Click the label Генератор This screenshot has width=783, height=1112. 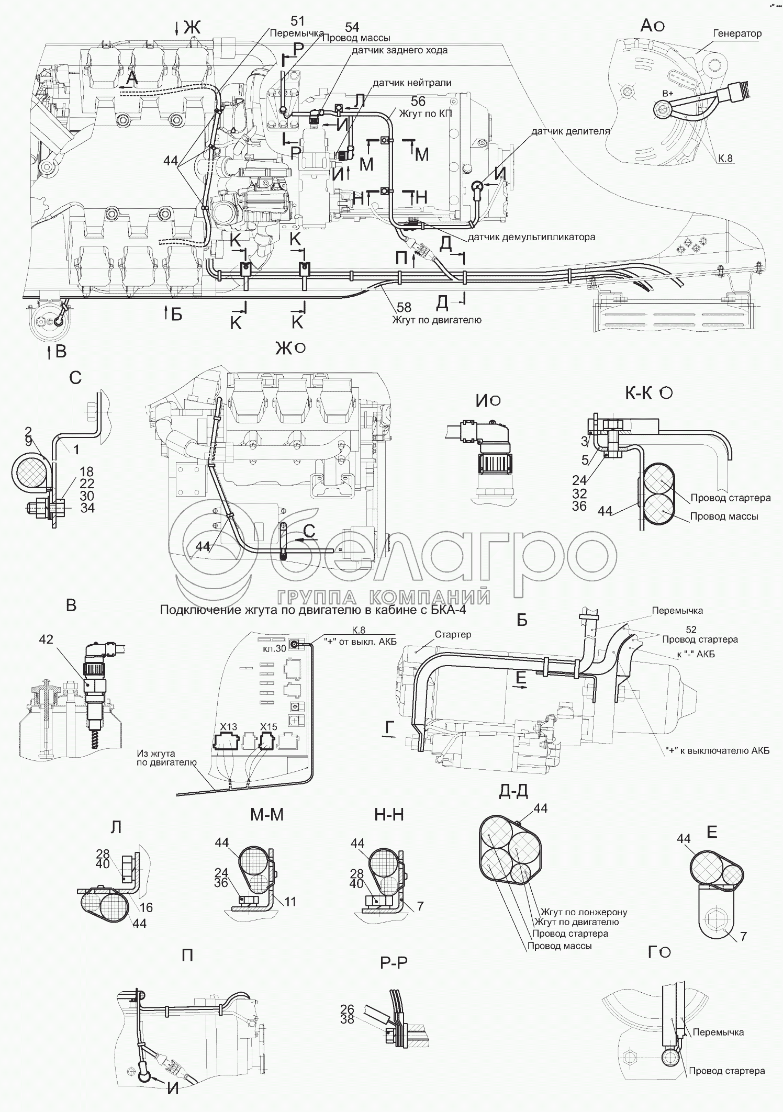(x=737, y=33)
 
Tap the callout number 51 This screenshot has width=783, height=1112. (x=297, y=21)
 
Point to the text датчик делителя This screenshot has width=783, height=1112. (x=571, y=131)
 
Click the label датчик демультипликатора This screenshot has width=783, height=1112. (x=531, y=237)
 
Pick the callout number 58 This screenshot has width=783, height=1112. (x=404, y=308)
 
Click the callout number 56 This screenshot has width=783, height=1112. (x=418, y=102)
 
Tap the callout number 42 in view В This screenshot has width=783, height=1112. (x=46, y=639)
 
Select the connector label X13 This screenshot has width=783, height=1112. (x=228, y=727)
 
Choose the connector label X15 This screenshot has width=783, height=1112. (x=269, y=727)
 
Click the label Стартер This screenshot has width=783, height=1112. (x=453, y=634)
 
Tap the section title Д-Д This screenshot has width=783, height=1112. (x=513, y=793)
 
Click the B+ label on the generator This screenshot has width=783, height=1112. (x=668, y=93)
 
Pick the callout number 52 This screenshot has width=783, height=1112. (x=691, y=630)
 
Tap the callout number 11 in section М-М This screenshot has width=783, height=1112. (x=290, y=901)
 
